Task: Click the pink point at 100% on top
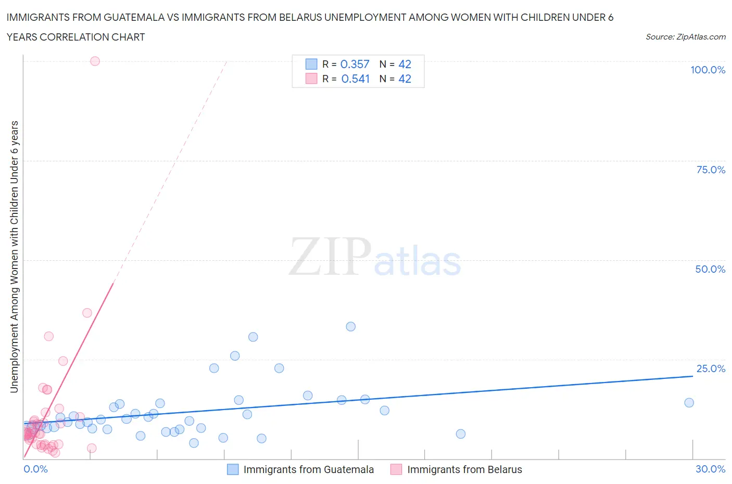click(x=95, y=61)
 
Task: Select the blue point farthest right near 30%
click(x=689, y=402)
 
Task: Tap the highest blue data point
click(x=350, y=326)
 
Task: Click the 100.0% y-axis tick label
click(x=708, y=70)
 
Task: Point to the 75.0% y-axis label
click(x=711, y=170)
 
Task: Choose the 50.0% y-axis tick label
click(x=710, y=269)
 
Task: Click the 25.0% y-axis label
click(x=711, y=368)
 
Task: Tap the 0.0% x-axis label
click(x=35, y=469)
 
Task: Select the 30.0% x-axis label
click(x=710, y=469)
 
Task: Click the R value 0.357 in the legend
click(x=355, y=64)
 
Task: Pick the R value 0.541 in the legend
click(x=355, y=79)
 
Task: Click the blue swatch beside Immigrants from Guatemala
click(x=233, y=469)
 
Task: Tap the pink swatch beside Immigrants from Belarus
click(x=396, y=469)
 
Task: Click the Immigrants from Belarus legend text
click(x=464, y=469)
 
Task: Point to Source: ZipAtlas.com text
click(x=685, y=36)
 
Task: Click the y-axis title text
click(x=14, y=257)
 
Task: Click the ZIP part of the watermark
click(x=330, y=256)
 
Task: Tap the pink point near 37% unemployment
click(x=87, y=313)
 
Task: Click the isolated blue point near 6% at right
click(x=460, y=434)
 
